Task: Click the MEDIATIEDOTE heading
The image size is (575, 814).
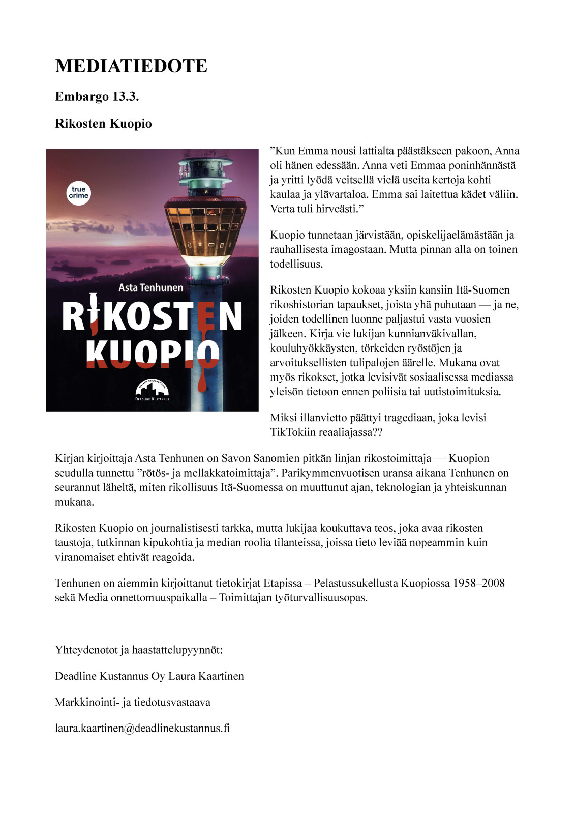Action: pyautogui.click(x=131, y=66)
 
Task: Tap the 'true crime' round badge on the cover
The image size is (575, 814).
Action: pyautogui.click(x=79, y=193)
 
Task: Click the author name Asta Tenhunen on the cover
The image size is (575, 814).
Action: pyautogui.click(x=151, y=287)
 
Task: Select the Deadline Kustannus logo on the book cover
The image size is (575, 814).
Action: pyautogui.click(x=152, y=390)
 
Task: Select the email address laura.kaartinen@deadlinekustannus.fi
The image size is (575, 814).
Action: pyautogui.click(x=142, y=728)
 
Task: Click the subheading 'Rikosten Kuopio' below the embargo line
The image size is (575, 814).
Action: pyautogui.click(x=103, y=124)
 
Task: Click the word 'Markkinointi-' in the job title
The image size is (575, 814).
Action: pyautogui.click(x=87, y=702)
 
